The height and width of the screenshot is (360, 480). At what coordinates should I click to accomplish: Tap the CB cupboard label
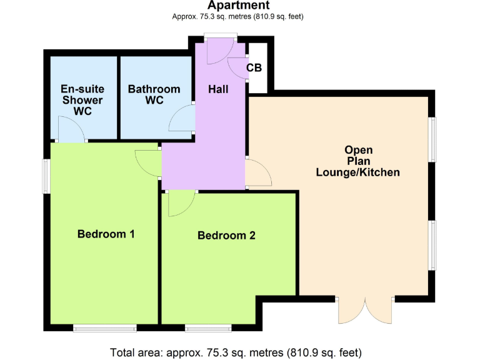point(254,67)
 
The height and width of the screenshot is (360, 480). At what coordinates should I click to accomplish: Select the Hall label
point(217,89)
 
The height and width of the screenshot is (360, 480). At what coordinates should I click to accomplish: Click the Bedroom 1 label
point(106,234)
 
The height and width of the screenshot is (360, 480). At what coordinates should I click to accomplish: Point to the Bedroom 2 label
point(226,236)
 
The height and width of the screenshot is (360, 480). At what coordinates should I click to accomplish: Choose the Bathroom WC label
point(154,94)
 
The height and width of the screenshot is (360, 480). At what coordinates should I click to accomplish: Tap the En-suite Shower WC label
point(82,100)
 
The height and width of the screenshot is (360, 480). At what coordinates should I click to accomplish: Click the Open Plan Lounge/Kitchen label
point(358,161)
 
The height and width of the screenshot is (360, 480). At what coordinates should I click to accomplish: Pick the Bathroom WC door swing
point(183,119)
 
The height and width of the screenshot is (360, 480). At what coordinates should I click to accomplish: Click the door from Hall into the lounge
point(257,172)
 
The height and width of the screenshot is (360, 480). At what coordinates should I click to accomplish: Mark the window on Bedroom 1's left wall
point(46,176)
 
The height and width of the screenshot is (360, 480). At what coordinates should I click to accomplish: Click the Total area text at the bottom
point(236,351)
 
